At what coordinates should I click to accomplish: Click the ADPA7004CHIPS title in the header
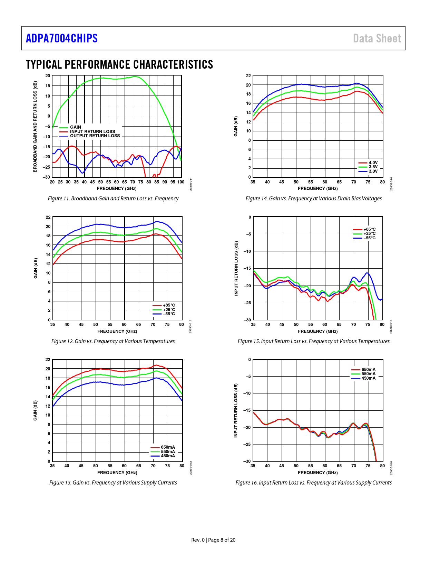point(62,38)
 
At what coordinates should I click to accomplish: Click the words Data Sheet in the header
point(377,38)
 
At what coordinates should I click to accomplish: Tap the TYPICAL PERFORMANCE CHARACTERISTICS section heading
point(119,64)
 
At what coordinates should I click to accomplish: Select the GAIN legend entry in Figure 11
point(76,127)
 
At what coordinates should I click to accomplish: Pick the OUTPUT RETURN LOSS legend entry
point(95,136)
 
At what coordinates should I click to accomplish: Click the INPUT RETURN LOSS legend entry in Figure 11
point(92,131)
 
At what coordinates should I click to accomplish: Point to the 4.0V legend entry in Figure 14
point(373,163)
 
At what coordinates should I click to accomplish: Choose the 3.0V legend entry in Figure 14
point(373,171)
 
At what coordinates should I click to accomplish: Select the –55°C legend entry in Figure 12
point(169,314)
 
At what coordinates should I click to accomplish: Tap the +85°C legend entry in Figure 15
point(370,229)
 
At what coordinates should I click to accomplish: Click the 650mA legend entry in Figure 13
point(168,447)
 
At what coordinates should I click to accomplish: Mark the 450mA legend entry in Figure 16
point(369,378)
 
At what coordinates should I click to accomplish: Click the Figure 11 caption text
point(113,198)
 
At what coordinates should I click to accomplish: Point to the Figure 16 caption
point(313,482)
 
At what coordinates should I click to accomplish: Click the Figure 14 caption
point(313,198)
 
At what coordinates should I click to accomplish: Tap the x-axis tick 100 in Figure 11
point(181,182)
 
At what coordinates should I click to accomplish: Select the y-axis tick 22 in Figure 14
point(248,76)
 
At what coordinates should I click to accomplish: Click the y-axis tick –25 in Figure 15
point(247,303)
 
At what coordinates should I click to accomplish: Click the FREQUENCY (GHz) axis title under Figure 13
point(117,472)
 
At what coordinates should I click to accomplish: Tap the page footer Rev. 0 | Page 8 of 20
point(213,540)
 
